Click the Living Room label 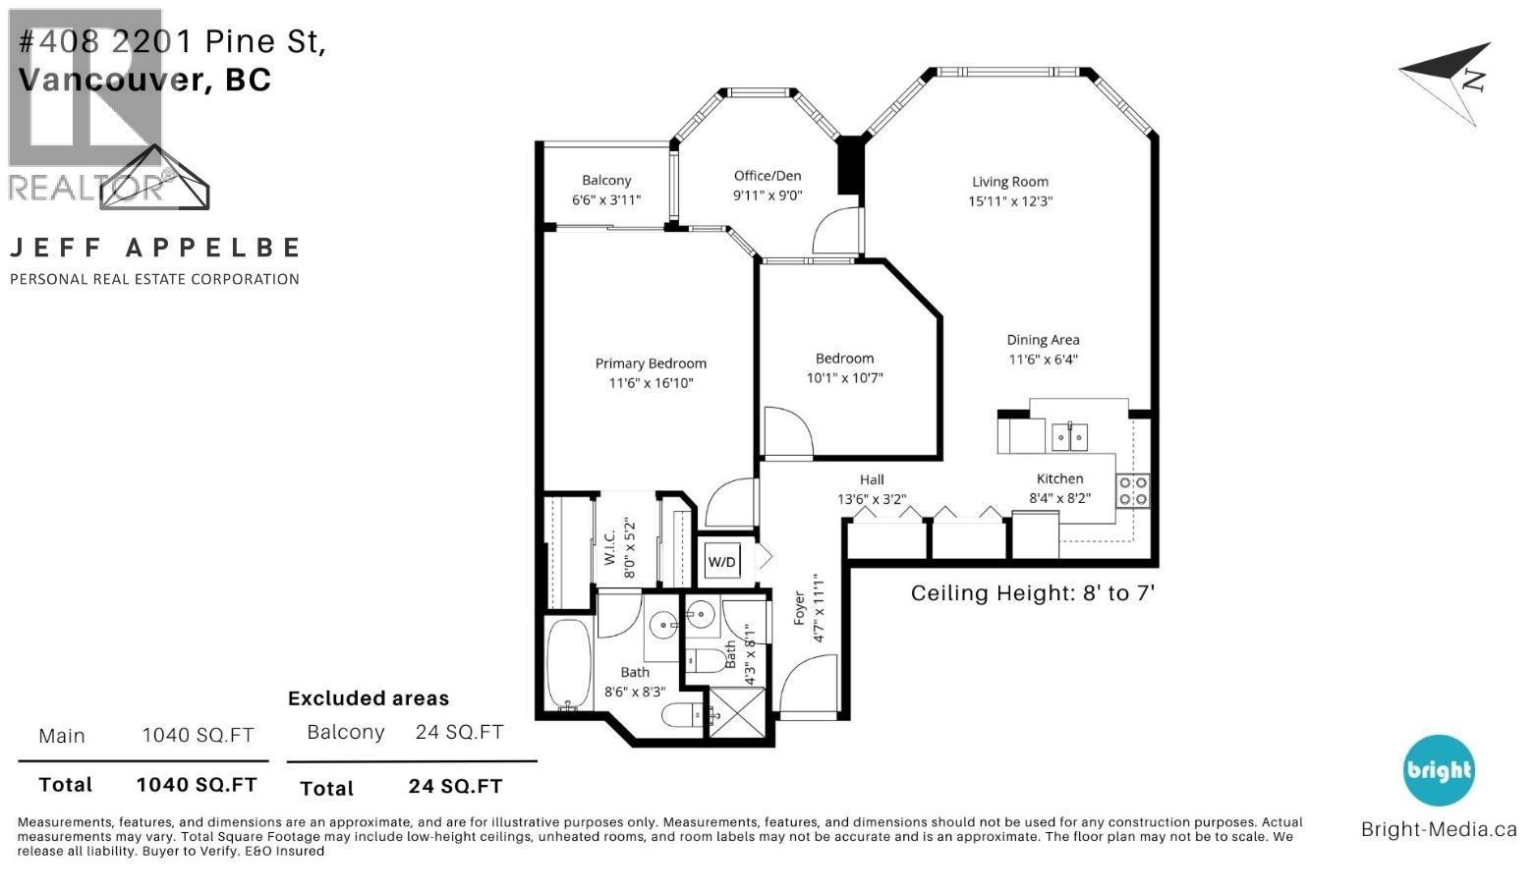point(1009,182)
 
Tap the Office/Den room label point(768,176)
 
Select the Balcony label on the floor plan point(606,181)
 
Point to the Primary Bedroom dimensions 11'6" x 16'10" point(651,383)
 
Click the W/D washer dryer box point(721,562)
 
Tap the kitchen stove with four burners point(1132,490)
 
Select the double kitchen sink point(1069,435)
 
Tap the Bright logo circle point(1438,770)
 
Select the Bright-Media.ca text point(1438,829)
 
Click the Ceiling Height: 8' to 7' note point(1032,593)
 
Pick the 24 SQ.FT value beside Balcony point(459,732)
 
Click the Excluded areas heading point(369,698)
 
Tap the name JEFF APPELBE point(154,248)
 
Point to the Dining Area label point(1043,340)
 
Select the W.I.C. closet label point(609,548)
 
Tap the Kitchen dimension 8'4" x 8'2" point(1059,498)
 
